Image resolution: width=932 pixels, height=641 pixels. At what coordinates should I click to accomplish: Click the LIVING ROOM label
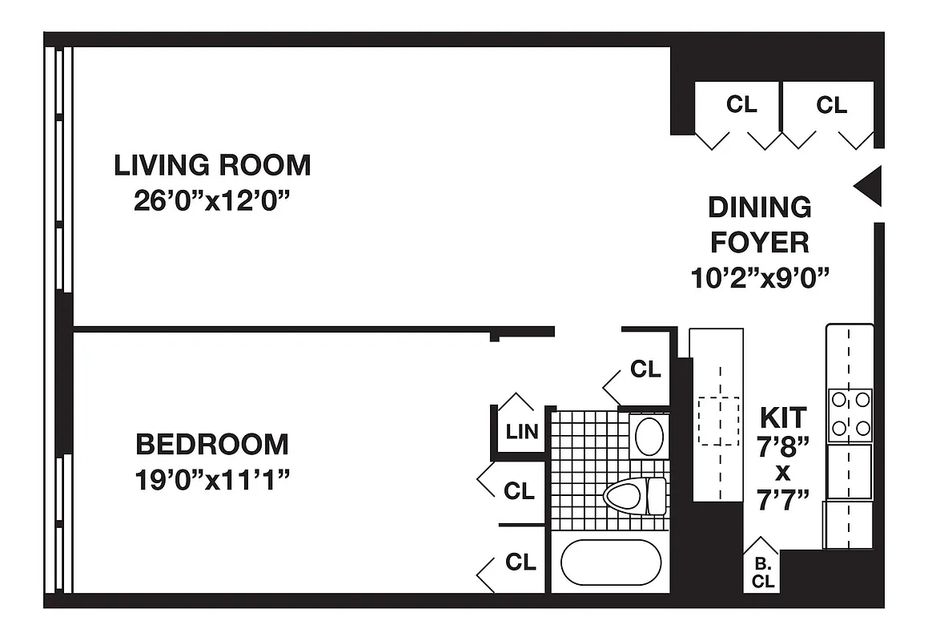pyautogui.click(x=212, y=165)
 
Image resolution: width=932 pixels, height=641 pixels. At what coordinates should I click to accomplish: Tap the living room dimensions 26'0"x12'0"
pyautogui.click(x=211, y=200)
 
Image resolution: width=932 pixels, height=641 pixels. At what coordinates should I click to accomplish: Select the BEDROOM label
pyautogui.click(x=212, y=443)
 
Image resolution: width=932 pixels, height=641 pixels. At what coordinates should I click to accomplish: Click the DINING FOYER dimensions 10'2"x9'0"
pyautogui.click(x=759, y=277)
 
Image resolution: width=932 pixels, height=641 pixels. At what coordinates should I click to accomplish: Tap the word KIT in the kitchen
pyautogui.click(x=783, y=417)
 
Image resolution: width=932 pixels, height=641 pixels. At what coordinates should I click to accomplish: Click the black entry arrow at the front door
pyautogui.click(x=868, y=186)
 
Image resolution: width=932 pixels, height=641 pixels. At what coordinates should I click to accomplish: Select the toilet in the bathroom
pyautogui.click(x=633, y=495)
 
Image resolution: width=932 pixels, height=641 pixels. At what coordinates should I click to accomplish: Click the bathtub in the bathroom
pyautogui.click(x=610, y=563)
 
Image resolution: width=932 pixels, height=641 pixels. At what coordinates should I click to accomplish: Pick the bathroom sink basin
pyautogui.click(x=649, y=436)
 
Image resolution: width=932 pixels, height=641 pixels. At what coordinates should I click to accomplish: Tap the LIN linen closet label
pyautogui.click(x=522, y=432)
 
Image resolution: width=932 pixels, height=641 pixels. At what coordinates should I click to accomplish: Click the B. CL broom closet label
pyautogui.click(x=763, y=574)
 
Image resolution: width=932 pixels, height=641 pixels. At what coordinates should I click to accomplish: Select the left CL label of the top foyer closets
pyautogui.click(x=741, y=104)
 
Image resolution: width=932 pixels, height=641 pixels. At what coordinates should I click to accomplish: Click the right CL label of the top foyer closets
pyautogui.click(x=831, y=105)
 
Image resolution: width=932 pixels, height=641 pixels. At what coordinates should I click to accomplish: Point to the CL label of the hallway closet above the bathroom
pyautogui.click(x=645, y=369)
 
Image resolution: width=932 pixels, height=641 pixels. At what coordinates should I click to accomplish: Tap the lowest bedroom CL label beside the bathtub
pyautogui.click(x=520, y=562)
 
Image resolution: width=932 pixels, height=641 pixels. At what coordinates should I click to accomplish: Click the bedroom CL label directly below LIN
pyautogui.click(x=520, y=490)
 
